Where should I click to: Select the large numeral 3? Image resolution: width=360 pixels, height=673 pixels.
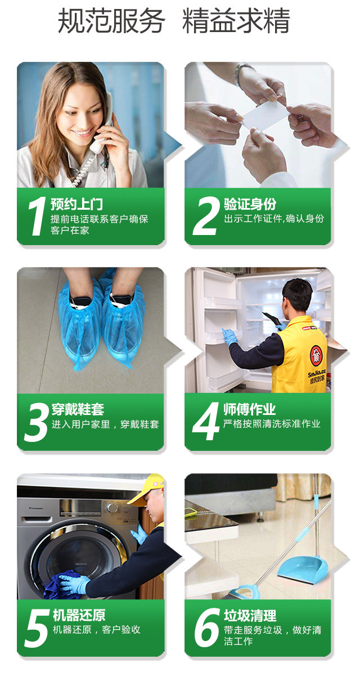tap(36, 422)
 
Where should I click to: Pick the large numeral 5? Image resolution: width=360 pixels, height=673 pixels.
tap(36, 629)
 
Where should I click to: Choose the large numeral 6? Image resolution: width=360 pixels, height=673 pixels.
tap(207, 629)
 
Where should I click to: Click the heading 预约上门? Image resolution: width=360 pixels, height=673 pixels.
tap(77, 204)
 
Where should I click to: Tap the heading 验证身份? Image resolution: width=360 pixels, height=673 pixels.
tap(250, 204)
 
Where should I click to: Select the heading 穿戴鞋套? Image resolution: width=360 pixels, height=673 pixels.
tap(78, 409)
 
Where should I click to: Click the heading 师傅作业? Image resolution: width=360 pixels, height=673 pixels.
tap(250, 409)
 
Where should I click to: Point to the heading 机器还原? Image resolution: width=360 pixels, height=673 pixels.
tap(79, 616)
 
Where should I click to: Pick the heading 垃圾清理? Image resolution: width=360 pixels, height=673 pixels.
tap(250, 616)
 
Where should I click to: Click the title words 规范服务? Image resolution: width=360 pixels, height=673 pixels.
tap(111, 21)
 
